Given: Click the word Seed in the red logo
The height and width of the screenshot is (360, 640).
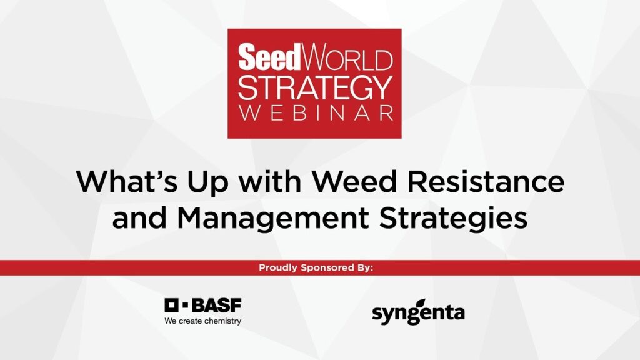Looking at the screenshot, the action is click(269, 57).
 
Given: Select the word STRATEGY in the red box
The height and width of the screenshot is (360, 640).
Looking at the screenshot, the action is click(315, 87).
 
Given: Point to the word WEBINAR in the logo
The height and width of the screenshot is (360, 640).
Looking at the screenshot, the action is click(316, 113).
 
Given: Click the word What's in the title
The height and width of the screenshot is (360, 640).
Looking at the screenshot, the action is click(127, 181).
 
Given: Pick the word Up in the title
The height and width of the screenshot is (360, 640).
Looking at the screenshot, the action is click(208, 184).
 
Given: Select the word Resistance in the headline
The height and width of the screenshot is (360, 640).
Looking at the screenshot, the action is click(486, 181).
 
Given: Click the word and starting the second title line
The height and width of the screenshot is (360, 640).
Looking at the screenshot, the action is click(139, 217).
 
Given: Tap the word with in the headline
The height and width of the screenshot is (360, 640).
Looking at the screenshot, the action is click(270, 181).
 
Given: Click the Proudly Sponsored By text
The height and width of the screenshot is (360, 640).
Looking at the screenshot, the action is click(316, 267).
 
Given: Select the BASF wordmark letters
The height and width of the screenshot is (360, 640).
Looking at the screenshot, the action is click(216, 305).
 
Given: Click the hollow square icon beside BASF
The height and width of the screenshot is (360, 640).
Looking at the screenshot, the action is click(171, 305).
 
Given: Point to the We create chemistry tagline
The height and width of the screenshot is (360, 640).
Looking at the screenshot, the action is click(203, 321).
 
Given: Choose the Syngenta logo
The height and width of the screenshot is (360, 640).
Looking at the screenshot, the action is click(418, 312).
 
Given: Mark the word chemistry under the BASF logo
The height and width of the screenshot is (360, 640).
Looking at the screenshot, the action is click(222, 321).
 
